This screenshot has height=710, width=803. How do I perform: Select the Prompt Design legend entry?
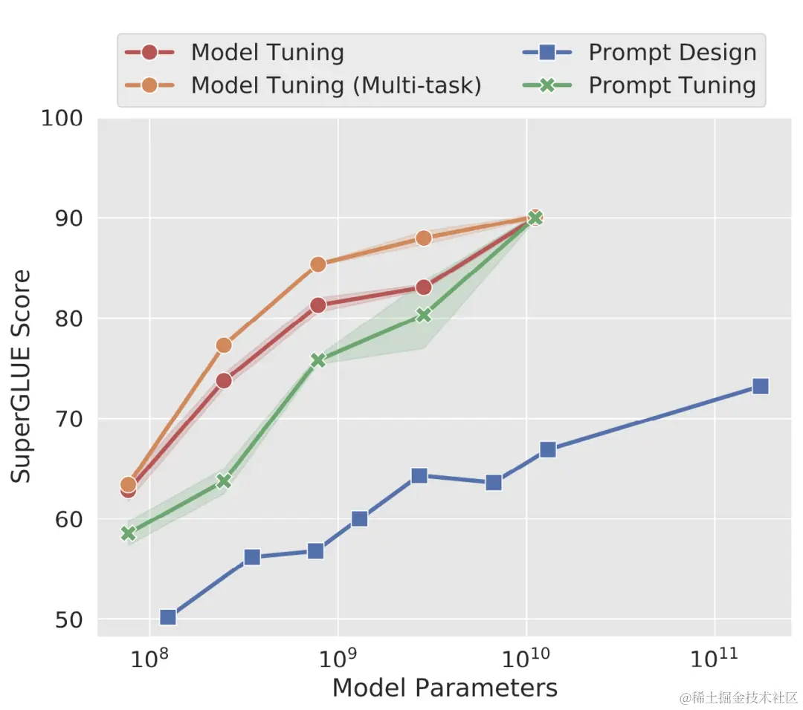672,53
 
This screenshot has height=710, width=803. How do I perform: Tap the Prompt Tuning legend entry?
672,85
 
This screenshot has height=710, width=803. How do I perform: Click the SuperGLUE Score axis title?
22,376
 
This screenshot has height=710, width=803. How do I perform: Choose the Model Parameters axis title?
445,688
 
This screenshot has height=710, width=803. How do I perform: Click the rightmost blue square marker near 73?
760,386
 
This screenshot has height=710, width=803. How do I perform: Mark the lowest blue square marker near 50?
168,617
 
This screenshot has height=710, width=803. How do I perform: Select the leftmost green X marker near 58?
128,533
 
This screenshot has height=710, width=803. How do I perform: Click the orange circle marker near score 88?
424,238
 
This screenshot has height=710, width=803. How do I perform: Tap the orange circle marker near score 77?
224,345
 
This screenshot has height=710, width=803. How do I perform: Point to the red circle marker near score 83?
424,287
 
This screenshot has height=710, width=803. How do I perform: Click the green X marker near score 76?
318,360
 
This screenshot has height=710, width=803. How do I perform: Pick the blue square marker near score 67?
548,449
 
